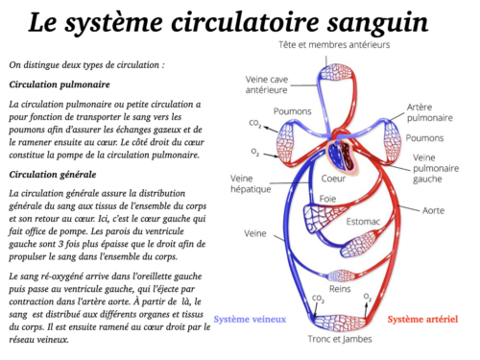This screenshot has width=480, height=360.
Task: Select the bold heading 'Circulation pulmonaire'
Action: click(x=58, y=84)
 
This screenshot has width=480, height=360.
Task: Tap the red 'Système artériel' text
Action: click(x=420, y=319)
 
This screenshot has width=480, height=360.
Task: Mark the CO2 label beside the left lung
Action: click(x=256, y=124)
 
